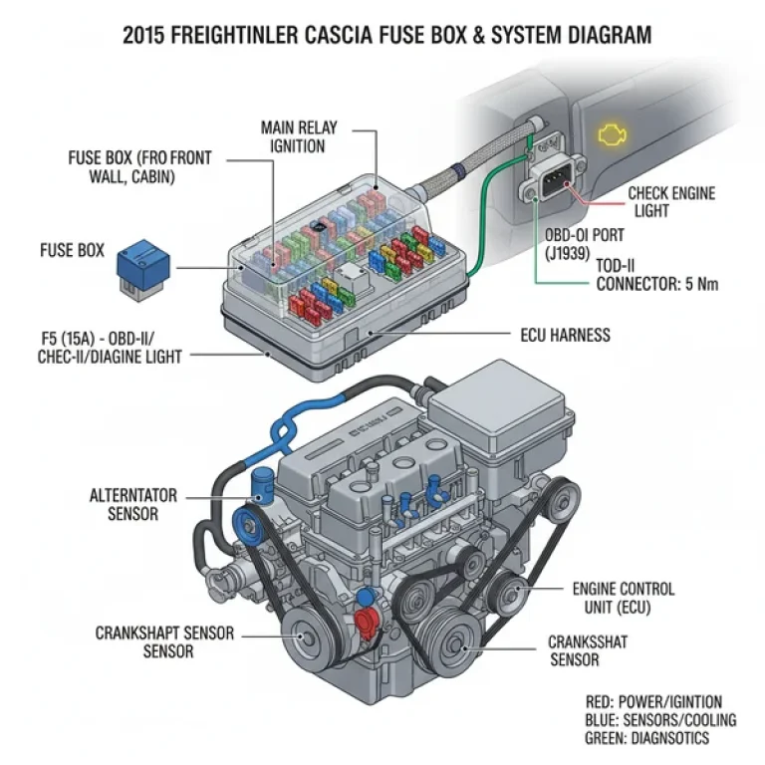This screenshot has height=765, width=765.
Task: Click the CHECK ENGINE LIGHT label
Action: coord(670,202)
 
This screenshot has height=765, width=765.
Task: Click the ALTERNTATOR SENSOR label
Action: coord(125,504)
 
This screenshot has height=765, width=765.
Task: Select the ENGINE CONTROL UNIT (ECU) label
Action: coord(624,598)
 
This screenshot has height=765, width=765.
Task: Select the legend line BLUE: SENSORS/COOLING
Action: coord(660,720)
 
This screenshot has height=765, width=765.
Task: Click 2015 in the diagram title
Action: coord(148,37)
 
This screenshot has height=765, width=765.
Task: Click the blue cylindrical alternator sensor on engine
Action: coord(264,487)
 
